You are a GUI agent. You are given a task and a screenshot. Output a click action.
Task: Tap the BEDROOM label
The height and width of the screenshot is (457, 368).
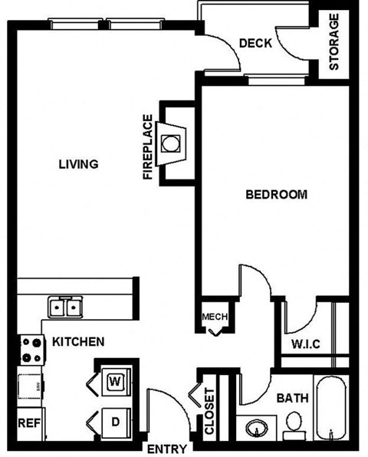pos(276,195)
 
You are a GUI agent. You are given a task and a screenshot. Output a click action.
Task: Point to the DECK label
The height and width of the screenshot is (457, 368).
pos(255,44)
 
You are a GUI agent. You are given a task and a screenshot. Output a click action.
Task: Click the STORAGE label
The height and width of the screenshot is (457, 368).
pos(334,42)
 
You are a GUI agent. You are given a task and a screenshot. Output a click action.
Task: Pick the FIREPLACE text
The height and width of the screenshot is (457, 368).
pos(148,147)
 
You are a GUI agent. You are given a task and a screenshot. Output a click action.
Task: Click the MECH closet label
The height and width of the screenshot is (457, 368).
pos(214,317)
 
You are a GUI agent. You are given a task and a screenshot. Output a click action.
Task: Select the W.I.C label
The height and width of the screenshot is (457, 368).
pos(304,343)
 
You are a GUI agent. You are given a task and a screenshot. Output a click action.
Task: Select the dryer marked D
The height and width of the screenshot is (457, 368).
pos(115,422)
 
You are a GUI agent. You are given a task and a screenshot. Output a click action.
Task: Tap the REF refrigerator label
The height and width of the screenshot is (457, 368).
pos(28,422)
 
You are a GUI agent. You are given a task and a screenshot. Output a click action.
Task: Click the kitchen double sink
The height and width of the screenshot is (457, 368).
pos(64,308)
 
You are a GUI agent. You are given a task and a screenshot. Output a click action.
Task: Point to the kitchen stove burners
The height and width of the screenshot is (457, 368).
pos(31,350)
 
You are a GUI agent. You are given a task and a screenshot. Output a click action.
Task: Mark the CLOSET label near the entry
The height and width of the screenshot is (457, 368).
pos(209,411)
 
